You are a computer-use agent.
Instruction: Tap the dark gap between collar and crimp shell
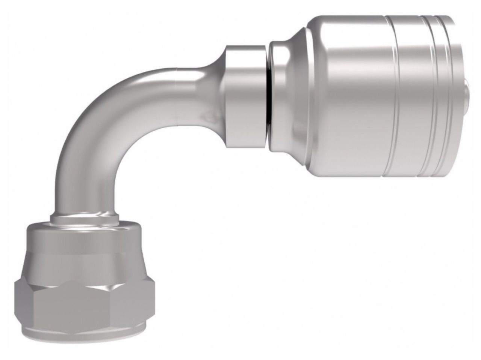click(267, 98)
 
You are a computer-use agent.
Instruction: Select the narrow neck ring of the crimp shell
click(278, 98)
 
